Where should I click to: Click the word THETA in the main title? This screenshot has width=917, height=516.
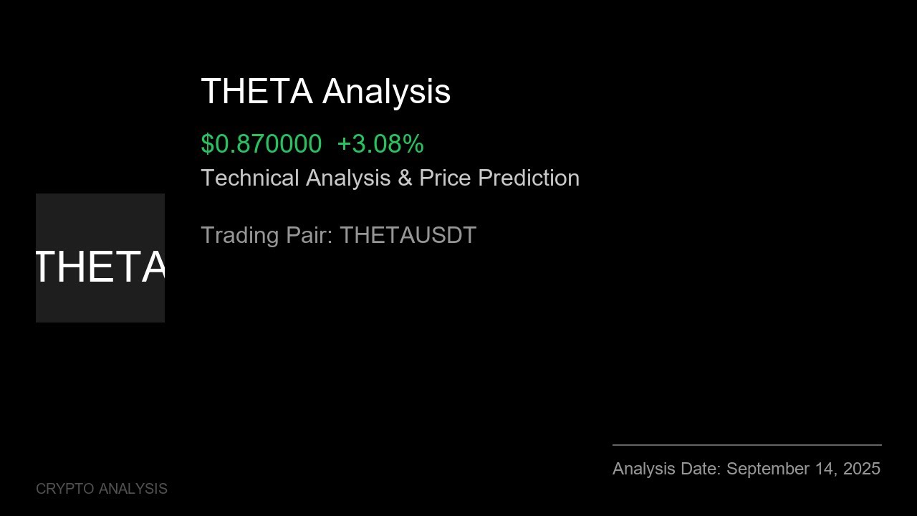[x=256, y=92]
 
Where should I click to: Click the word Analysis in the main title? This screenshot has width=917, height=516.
[x=386, y=92]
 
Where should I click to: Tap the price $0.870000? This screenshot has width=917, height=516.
[x=261, y=144]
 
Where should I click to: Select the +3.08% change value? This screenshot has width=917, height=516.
[x=380, y=144]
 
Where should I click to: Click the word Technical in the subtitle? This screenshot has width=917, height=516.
[x=250, y=178]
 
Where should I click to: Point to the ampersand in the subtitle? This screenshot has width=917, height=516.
[x=405, y=178]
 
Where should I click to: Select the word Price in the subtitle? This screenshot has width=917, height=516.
[x=445, y=178]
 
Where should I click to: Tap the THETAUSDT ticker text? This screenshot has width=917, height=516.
[x=408, y=235]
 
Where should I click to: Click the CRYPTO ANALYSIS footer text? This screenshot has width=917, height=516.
[x=102, y=489]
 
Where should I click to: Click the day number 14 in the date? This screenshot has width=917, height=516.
[x=827, y=469]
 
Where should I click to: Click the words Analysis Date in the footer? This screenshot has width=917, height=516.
[x=666, y=469]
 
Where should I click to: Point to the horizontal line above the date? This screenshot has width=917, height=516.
[x=746, y=445]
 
